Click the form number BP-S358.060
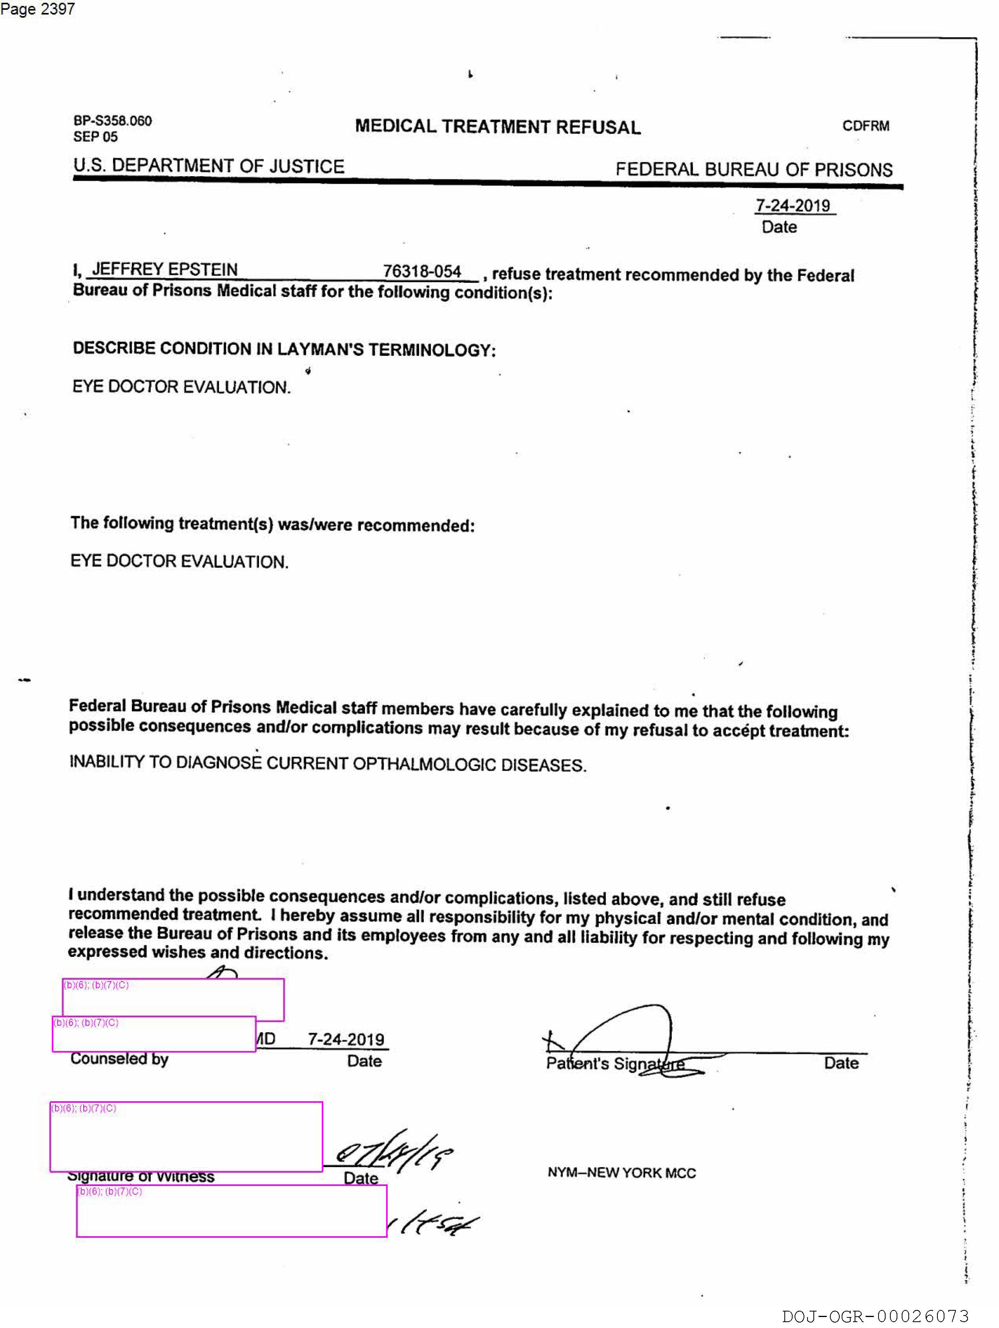pos(112,121)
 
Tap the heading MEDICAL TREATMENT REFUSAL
pos(498,127)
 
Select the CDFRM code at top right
pos(865,126)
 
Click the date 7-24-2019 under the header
pos(793,206)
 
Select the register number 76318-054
pos(422,271)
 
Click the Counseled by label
pos(119,1058)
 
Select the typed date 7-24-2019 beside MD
pos(346,1039)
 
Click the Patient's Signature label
pos(615,1064)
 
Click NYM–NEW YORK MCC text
pos(622,1173)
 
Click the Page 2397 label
pos(37,9)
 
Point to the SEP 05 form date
pos(95,137)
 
